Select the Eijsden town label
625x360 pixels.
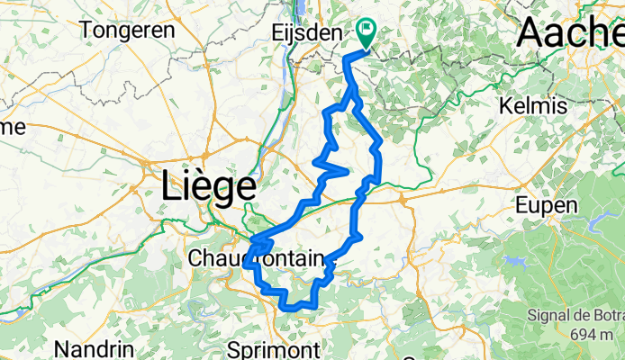tap(306, 33)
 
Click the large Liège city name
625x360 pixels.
tap(208, 188)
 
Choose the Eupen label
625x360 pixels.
tap(546, 205)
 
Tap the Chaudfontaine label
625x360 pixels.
tap(256, 259)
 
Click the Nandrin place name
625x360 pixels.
tap(95, 348)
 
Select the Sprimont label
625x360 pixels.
tap(275, 349)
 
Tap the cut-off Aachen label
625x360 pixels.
tap(570, 33)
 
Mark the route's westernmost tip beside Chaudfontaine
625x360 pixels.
tap(245, 265)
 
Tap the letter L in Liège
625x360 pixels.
tap(171, 188)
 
